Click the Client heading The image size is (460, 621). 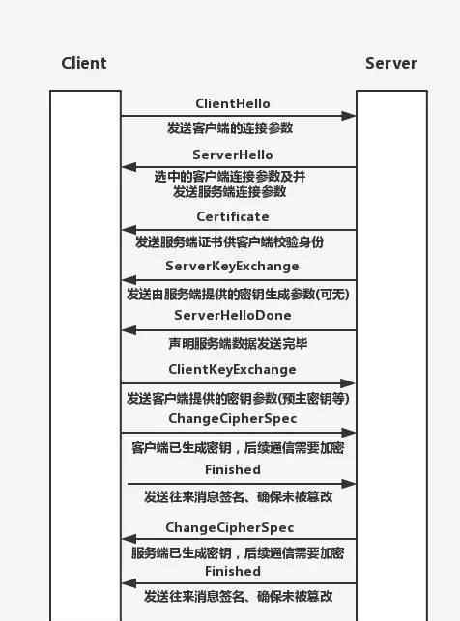click(84, 63)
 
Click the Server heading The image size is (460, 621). click(391, 63)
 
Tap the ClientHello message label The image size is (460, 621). click(233, 103)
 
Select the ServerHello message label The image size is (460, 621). click(233, 155)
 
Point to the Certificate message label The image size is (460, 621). click(233, 216)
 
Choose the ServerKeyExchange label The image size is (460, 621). click(232, 267)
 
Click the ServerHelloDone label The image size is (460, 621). click(233, 315)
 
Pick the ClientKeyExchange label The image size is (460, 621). click(232, 370)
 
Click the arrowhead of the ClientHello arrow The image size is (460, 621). click(348, 116)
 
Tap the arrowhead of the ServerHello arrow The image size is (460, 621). click(129, 167)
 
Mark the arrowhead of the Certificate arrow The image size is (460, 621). click(129, 230)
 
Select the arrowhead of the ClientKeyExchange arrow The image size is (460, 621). click(348, 383)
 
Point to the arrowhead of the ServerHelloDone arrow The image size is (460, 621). click(129, 330)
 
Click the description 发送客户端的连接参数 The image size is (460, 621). click(230, 127)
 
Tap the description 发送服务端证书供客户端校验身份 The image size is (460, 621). click(230, 241)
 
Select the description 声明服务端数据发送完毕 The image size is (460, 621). click(238, 344)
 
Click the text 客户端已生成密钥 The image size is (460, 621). click(182, 448)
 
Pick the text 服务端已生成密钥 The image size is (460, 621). click(182, 552)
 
